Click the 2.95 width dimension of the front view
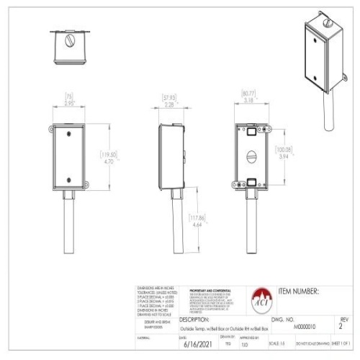(x=69, y=103)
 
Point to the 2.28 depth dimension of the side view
(x=170, y=104)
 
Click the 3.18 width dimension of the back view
(x=248, y=101)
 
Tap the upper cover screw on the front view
(x=68, y=133)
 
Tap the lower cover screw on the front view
(x=68, y=180)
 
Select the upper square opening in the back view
(x=250, y=132)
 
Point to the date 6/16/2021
(x=194, y=345)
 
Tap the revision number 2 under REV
(x=341, y=325)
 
